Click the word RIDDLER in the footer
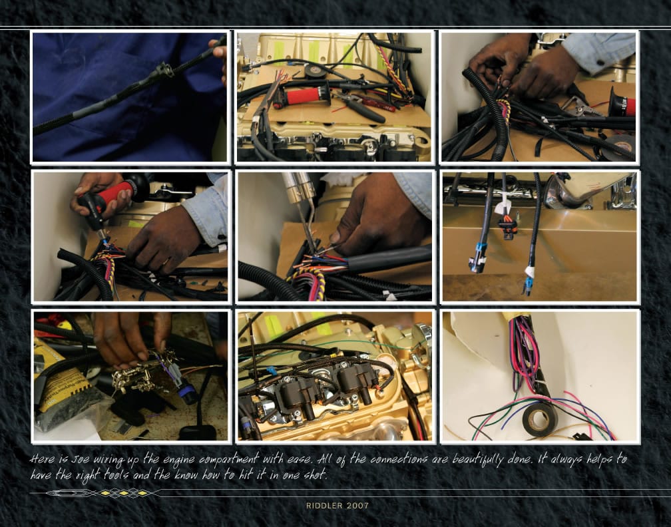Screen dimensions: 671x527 324,506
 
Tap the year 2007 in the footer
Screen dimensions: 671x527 357,506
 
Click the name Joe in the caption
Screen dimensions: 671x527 81,459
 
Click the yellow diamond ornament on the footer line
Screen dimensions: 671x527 123,494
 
